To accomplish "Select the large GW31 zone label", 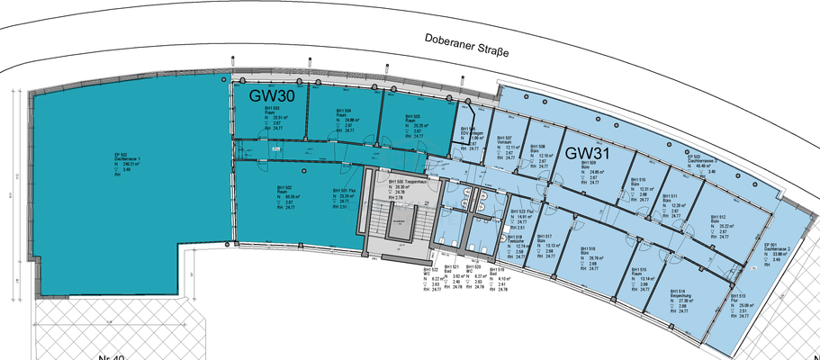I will (x=590, y=154).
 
